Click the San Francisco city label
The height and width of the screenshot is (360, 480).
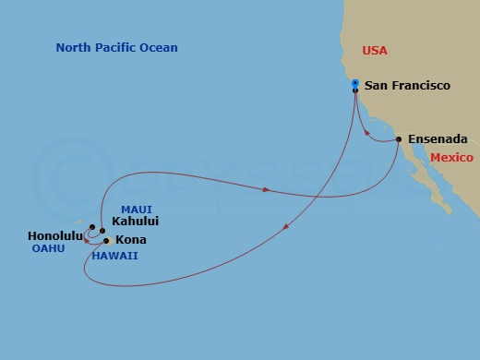[x=407, y=86]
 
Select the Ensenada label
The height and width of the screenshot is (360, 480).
[x=438, y=139]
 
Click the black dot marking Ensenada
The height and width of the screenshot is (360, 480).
[x=398, y=139]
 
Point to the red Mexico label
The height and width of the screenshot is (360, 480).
[x=451, y=158]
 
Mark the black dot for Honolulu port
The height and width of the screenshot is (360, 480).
[x=92, y=227]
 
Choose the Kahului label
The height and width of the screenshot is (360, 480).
[x=135, y=222]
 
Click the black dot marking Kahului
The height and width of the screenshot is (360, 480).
[x=102, y=231]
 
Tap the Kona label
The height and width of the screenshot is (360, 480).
[x=130, y=240]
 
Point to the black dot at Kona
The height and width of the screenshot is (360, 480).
[x=107, y=241]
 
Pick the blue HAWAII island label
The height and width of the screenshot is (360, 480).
[x=114, y=256]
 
